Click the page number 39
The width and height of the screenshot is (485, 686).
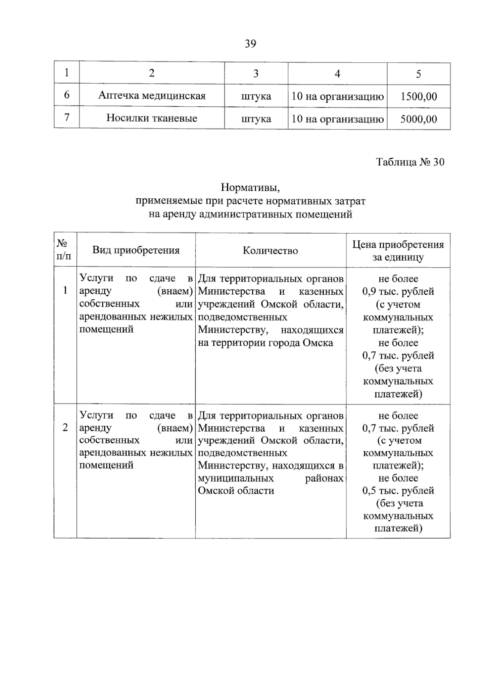coord(250,44)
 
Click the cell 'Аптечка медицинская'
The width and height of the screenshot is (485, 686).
coord(152,96)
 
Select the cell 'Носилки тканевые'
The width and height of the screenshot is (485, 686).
coord(152,118)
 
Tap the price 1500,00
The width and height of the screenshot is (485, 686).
coord(419,97)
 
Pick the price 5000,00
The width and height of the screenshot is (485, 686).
coord(419,119)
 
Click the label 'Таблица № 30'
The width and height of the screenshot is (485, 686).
coord(410,162)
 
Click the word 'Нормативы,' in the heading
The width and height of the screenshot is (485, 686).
coord(250,188)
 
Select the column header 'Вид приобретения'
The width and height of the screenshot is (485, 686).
coord(136,250)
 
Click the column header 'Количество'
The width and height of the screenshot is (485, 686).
coord(270,251)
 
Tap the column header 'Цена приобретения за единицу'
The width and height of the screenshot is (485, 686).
coord(398,251)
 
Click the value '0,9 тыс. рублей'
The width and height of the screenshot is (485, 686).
coord(398,291)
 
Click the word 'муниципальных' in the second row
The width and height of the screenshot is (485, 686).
coord(236,478)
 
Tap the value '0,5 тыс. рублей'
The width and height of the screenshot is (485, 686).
coord(398,491)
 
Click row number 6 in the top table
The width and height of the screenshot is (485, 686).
coord(67,95)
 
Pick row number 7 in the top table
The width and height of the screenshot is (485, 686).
coord(67,118)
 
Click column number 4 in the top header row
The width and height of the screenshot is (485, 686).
coord(337,74)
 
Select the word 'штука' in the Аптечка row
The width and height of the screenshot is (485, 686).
coord(256,97)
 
